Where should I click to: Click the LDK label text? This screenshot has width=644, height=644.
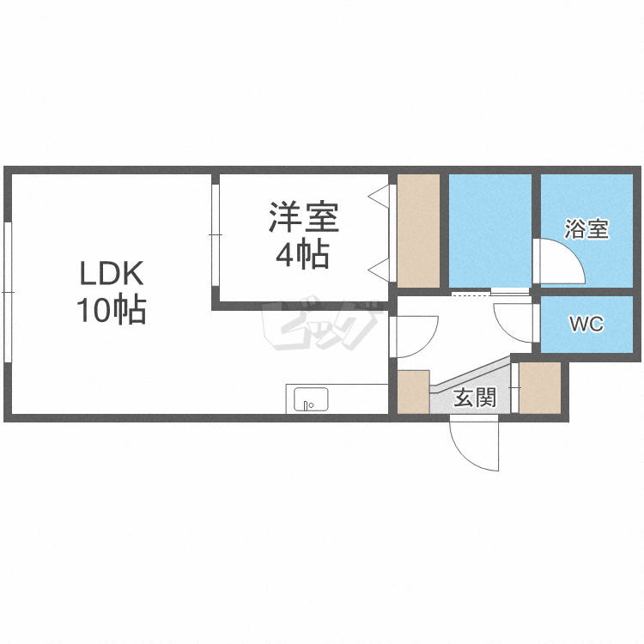tap(111, 275)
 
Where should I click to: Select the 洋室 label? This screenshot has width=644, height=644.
tap(304, 217)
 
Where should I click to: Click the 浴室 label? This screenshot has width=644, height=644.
tap(586, 229)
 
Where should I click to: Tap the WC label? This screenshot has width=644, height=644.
tap(586, 325)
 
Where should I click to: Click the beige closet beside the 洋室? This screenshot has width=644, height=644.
tap(418, 231)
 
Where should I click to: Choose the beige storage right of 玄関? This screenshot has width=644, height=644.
tap(540, 388)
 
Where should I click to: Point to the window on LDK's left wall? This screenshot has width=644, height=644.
tap(8, 292)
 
